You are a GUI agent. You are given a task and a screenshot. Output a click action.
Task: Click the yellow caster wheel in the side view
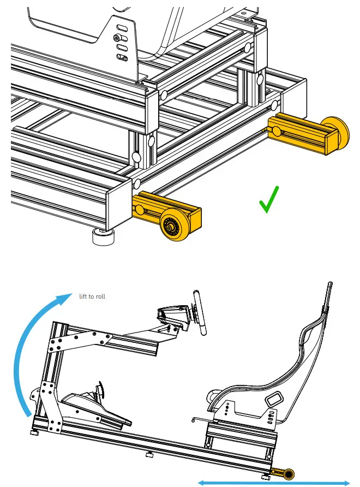(288, 473)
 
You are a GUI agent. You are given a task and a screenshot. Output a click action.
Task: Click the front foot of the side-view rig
(34, 434)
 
